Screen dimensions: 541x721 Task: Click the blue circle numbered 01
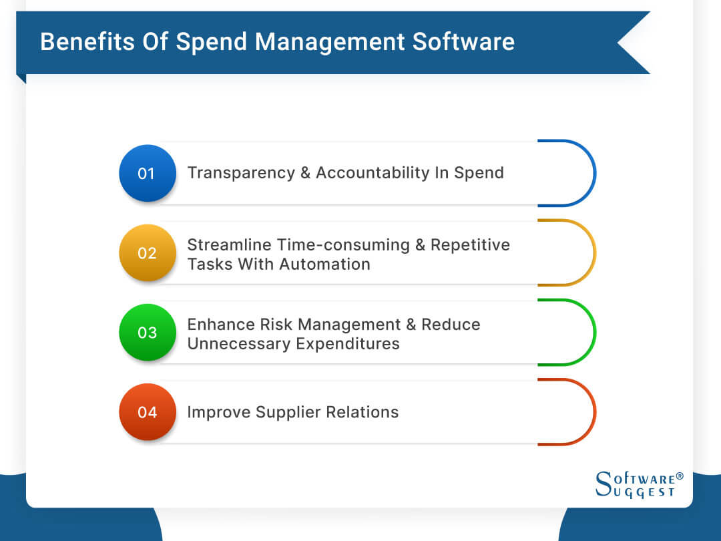pos(147,173)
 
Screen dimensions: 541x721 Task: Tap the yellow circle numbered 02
pos(147,253)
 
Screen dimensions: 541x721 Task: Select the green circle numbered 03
pos(147,333)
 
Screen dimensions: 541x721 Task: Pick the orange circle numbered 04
pos(147,412)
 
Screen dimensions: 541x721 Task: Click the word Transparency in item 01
pos(240,173)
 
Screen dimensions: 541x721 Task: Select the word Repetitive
pos(470,245)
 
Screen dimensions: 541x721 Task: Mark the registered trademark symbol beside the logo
pos(680,477)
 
